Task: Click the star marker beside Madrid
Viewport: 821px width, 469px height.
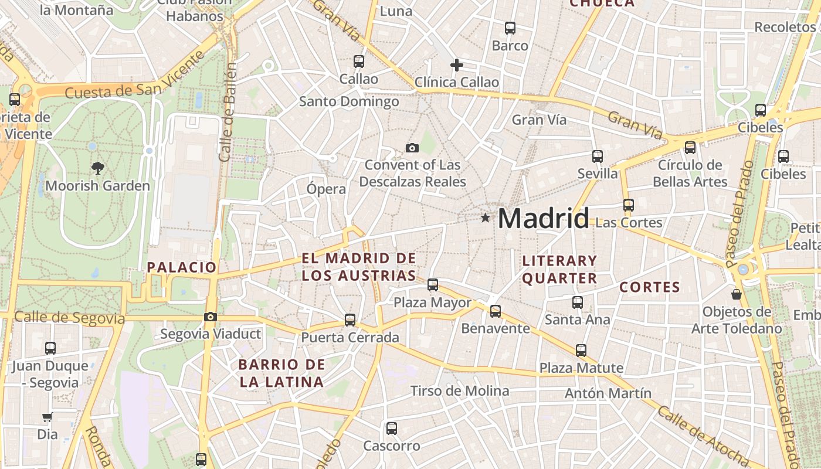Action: (485, 218)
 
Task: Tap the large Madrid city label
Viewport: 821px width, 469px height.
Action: (543, 219)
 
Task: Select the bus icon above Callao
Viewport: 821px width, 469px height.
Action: (359, 61)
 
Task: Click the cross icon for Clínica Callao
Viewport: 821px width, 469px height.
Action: (457, 65)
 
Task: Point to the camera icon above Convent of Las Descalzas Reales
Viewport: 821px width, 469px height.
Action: (412, 148)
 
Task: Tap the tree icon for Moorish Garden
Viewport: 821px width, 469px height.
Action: (97, 168)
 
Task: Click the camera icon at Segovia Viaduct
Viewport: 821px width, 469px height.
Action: (210, 317)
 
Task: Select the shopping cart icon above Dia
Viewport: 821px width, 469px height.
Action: (48, 417)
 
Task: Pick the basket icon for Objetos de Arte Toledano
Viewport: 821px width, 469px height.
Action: (737, 294)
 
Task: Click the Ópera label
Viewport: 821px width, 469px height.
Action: (326, 189)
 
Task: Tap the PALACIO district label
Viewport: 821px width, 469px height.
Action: (182, 267)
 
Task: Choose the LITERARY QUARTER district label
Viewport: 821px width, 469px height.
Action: (559, 269)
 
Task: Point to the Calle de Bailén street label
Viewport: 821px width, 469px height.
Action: (228, 111)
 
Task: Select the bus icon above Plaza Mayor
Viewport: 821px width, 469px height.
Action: (433, 285)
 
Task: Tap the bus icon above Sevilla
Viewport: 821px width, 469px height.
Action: (598, 157)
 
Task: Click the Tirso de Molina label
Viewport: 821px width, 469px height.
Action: (460, 390)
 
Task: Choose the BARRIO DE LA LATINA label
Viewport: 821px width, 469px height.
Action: (281, 373)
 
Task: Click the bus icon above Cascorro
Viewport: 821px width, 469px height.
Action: (392, 429)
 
